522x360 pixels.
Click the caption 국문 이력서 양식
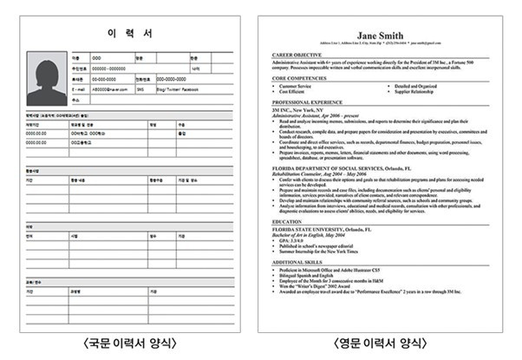tap(129, 344)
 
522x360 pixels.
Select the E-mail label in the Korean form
tap(79, 89)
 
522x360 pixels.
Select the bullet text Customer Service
tap(300, 87)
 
